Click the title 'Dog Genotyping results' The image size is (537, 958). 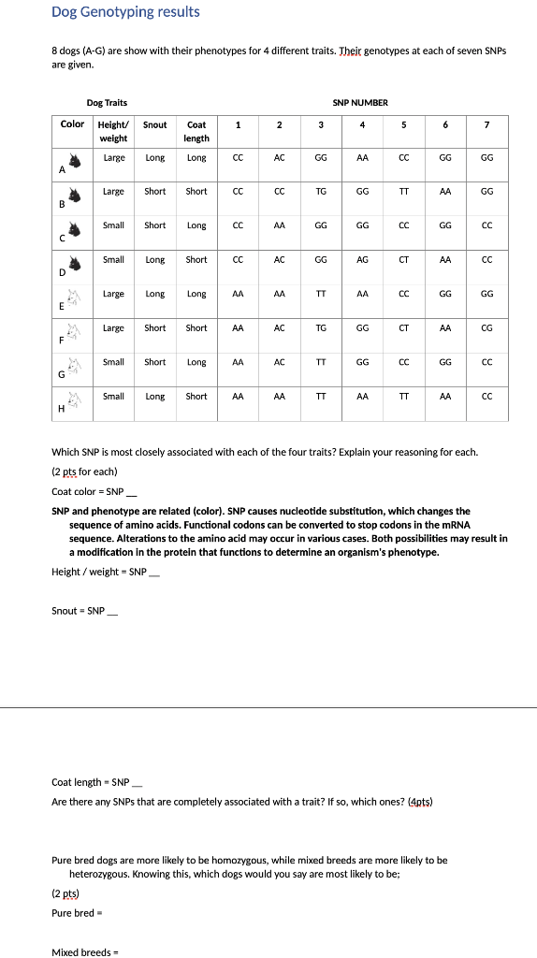[125, 12]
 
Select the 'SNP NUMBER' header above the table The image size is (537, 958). [359, 102]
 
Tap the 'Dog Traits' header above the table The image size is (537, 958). [107, 102]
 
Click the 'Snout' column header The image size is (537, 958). [155, 124]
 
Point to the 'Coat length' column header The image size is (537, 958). [196, 131]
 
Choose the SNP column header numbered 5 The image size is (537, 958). [404, 124]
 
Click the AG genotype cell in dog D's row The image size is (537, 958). [363, 260]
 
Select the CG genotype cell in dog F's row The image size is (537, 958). [486, 328]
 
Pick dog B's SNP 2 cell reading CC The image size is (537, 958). [279, 192]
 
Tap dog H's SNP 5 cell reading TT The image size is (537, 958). [404, 397]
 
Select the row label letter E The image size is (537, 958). [62, 306]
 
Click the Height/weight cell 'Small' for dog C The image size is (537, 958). [113, 225]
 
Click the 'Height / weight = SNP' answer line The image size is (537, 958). [106, 572]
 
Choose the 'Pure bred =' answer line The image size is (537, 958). [76, 913]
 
